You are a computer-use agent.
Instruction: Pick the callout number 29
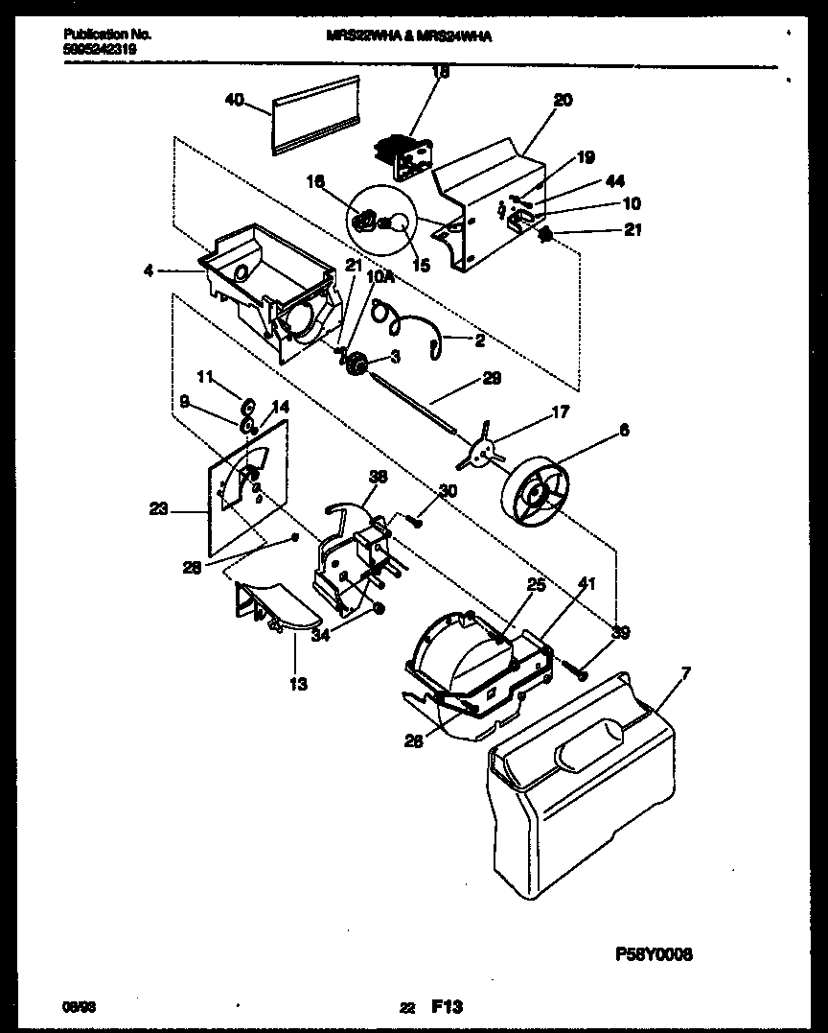(491, 378)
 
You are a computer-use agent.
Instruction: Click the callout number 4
(149, 271)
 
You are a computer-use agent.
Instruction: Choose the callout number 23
(158, 509)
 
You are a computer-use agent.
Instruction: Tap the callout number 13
(299, 684)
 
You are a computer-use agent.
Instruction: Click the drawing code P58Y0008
(653, 955)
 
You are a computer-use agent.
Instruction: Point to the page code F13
(447, 1006)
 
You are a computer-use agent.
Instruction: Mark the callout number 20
(563, 99)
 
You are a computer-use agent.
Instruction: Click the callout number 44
(616, 182)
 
